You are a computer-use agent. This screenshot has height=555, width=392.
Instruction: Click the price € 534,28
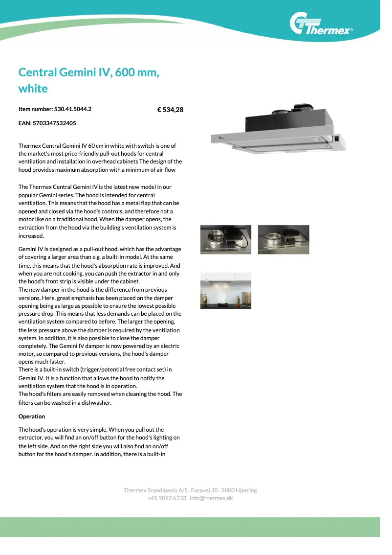click(x=170, y=110)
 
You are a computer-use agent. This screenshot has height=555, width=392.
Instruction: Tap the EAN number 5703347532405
click(x=54, y=123)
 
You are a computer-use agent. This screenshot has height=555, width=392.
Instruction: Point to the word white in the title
click(x=33, y=89)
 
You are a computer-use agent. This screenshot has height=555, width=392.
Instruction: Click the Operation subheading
click(x=32, y=416)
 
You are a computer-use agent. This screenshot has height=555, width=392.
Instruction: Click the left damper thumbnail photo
click(x=226, y=239)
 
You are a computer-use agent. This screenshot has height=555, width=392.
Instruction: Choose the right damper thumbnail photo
click(x=283, y=239)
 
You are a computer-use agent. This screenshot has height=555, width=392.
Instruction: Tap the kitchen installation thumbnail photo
click(x=226, y=291)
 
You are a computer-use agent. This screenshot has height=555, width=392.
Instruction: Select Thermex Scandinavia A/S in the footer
click(x=152, y=490)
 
